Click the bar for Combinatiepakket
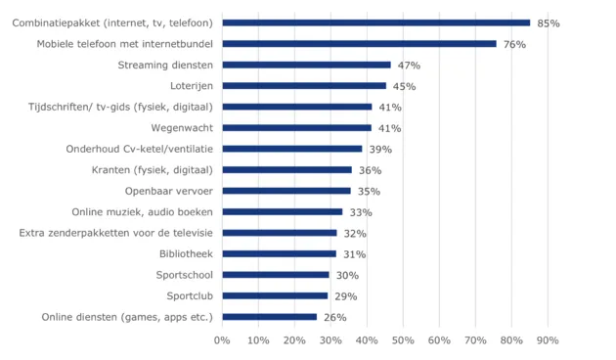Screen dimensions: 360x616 (x=375, y=22)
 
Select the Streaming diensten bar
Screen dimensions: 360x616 (x=306, y=65)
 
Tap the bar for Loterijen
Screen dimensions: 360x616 (x=303, y=86)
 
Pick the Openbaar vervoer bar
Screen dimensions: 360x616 (x=286, y=191)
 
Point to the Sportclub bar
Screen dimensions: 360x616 (x=275, y=295)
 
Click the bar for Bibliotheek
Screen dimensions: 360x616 (x=279, y=253)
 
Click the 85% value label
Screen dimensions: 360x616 (x=548, y=22)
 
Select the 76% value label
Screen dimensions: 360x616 (x=514, y=44)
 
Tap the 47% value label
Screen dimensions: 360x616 (x=409, y=66)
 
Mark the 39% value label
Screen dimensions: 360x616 (x=380, y=149)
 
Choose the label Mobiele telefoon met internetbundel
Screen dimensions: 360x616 (x=125, y=44)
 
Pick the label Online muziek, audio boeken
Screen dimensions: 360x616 (x=143, y=211)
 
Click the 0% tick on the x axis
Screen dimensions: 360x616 (x=222, y=340)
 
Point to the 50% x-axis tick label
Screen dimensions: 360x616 (x=403, y=340)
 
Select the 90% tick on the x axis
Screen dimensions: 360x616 (x=547, y=340)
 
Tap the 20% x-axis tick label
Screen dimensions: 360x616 (x=294, y=340)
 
